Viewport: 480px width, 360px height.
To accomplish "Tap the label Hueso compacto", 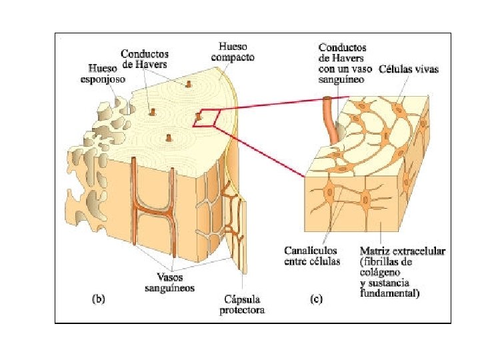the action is [x=233, y=52].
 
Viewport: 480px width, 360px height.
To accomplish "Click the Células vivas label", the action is [x=409, y=68].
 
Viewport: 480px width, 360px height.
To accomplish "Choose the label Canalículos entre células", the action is [x=312, y=255].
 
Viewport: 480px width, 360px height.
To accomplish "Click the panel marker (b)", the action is [x=98, y=299].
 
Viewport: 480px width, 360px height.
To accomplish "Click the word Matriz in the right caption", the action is [x=376, y=251].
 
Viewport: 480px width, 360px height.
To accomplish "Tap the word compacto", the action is [x=233, y=57].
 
